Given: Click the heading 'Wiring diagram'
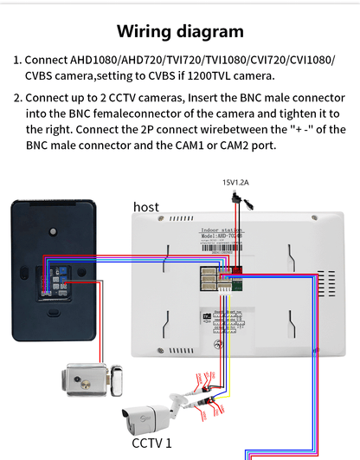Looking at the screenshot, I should [180, 32].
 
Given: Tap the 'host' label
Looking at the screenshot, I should [145, 207].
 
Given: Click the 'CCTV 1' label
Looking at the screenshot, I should [151, 444].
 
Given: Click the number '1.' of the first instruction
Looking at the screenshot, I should [16, 61].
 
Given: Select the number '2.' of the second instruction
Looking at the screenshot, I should [16, 97].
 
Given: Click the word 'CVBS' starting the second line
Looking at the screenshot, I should [40, 76].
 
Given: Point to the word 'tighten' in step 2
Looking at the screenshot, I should [297, 113].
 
